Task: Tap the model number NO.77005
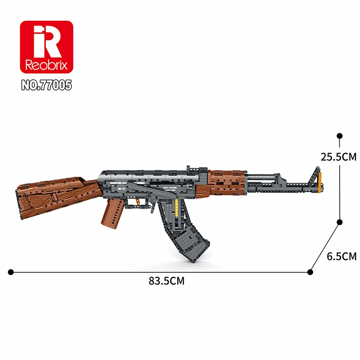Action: (46, 85)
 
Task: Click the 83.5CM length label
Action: (166, 281)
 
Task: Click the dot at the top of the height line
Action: (340, 135)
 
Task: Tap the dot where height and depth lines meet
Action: (340, 221)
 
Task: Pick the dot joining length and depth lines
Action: (310, 271)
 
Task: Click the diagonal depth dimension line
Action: (325, 247)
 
